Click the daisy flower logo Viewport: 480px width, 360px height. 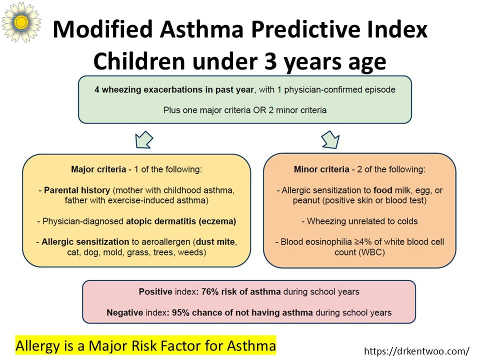(x=21, y=21)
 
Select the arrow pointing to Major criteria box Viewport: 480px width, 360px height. (x=144, y=140)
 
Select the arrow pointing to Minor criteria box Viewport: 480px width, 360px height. (x=330, y=140)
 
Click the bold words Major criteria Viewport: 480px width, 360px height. (x=98, y=169)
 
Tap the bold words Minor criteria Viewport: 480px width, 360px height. (x=321, y=169)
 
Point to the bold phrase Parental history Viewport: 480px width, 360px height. (x=77, y=190)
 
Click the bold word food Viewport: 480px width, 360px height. (x=383, y=190)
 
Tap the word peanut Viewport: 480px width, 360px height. (x=306, y=201)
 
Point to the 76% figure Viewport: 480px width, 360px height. (x=209, y=291)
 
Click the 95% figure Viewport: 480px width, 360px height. (x=180, y=312)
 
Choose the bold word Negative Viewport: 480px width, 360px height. (x=124, y=312)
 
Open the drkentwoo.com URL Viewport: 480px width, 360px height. (x=416, y=351)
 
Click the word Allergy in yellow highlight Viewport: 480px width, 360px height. (x=37, y=346)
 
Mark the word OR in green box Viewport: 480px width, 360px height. (x=259, y=110)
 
